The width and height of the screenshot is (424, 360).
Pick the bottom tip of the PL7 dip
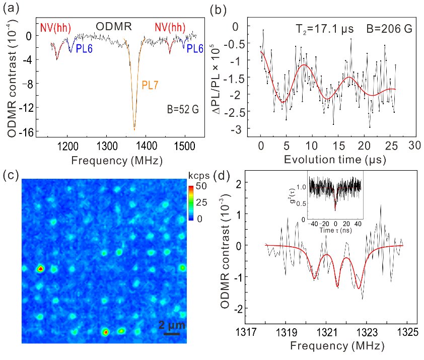pos(134,130)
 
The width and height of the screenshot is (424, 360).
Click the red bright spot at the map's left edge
pos(40,269)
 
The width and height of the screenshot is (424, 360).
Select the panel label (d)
pos(222,176)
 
